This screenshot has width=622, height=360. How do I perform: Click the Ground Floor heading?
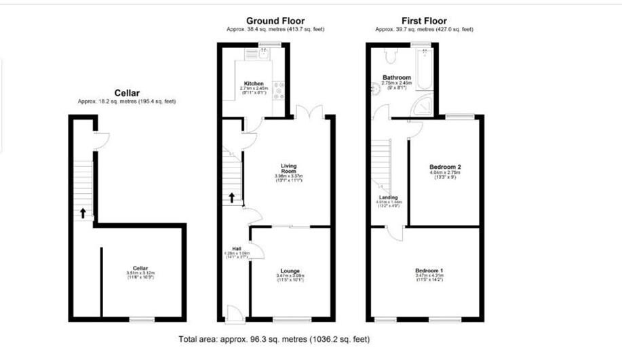(275, 20)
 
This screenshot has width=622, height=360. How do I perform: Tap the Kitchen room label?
(254, 84)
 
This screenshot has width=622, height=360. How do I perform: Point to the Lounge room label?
(290, 271)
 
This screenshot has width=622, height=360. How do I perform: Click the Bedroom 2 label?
(445, 167)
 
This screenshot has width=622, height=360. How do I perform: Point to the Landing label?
(388, 198)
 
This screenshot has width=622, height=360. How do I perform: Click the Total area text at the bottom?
(274, 339)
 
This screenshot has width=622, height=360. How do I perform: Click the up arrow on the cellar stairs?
(83, 213)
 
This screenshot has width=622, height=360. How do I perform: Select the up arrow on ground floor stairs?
(231, 198)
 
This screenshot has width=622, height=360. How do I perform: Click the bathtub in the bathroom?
(424, 70)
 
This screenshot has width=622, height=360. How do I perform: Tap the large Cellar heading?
(126, 93)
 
